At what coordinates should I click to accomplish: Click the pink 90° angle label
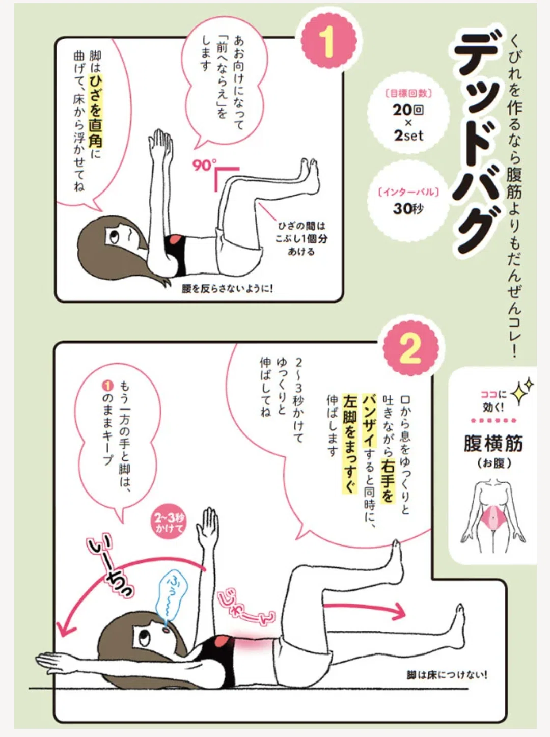(203, 165)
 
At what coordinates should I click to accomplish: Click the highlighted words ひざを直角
(96, 112)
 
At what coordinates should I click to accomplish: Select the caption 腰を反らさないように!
(228, 288)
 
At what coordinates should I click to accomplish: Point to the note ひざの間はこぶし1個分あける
(301, 239)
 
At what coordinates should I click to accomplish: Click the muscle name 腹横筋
(493, 443)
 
